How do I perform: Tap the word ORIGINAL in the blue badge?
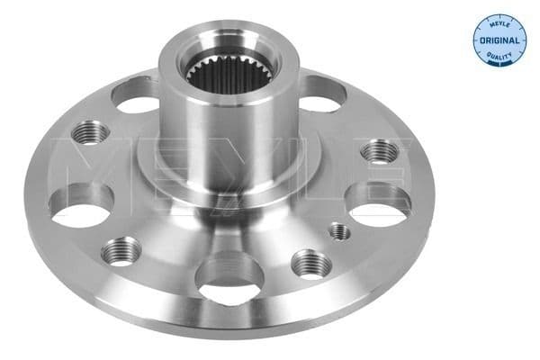tap(499, 41)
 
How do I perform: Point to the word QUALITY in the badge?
tap(499, 57)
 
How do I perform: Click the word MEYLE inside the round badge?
tap(498, 23)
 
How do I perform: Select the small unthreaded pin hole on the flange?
tap(339, 231)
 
